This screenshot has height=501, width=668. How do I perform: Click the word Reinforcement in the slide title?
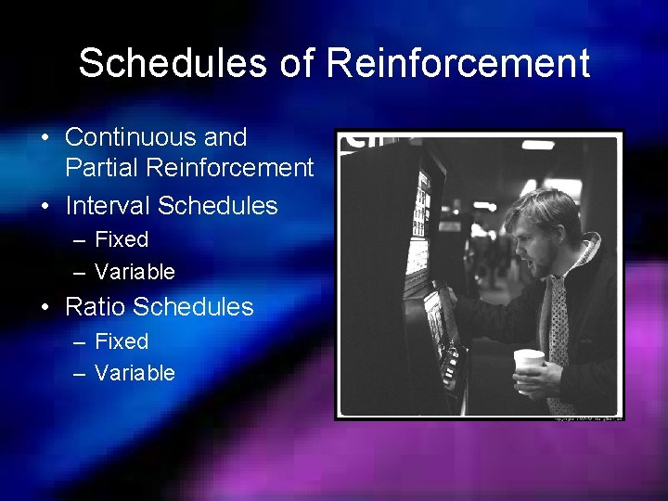coord(458,63)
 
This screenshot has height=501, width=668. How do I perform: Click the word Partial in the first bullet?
coord(101,168)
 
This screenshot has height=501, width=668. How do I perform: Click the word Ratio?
coord(96,306)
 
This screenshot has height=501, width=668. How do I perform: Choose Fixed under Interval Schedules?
coord(122,239)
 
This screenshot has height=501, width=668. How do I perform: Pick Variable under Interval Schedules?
coord(135,272)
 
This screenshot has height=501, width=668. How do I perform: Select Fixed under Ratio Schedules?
coord(122,341)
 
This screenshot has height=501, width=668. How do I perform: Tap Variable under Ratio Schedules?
coord(135,373)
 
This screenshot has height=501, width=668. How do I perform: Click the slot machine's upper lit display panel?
coord(422,199)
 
